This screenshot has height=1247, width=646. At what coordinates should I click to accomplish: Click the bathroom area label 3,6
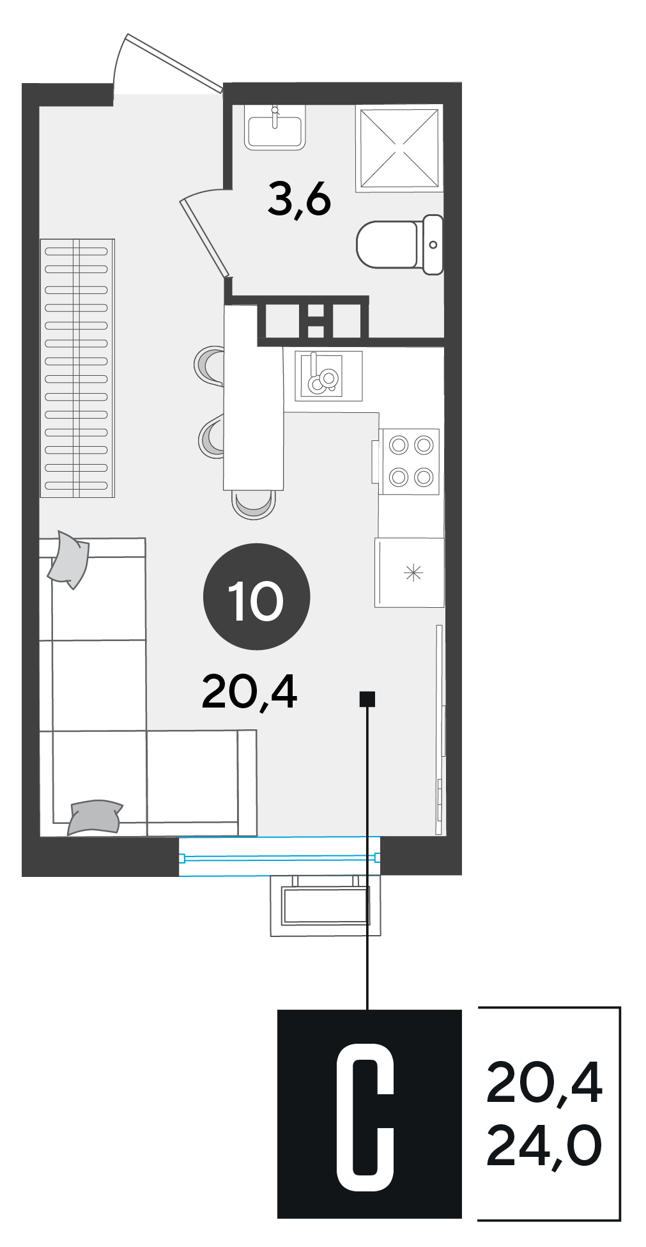point(299,199)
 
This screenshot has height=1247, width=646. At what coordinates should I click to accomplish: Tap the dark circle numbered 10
point(256,596)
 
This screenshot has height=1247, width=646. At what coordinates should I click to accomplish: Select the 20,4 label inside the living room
point(249,692)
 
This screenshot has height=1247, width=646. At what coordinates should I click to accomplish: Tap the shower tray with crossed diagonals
point(399,148)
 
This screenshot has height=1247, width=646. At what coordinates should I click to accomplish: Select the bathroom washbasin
point(275,128)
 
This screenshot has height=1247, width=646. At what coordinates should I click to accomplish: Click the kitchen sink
point(328,376)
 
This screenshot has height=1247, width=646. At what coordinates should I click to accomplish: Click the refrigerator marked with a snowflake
point(410,572)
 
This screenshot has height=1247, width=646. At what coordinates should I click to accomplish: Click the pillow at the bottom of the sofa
point(95,817)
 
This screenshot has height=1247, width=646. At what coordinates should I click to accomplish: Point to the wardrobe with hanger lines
point(77,368)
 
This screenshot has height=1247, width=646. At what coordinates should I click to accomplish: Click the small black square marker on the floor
point(367,699)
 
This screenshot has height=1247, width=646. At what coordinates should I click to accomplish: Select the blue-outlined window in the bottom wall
point(280,856)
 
